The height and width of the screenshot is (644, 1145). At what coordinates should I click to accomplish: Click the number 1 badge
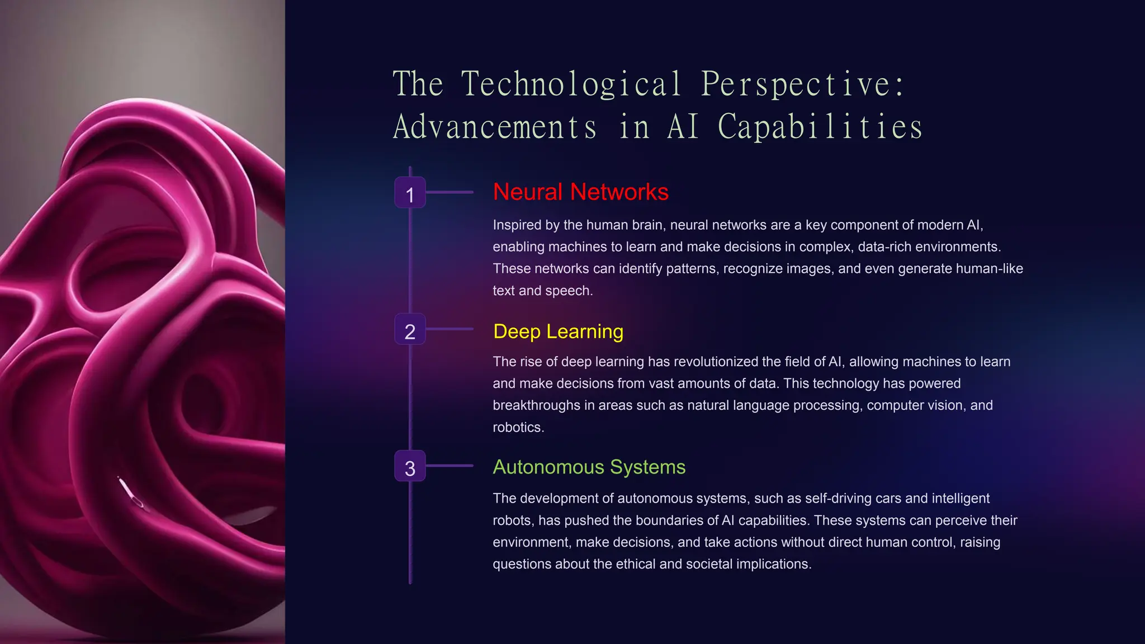click(410, 193)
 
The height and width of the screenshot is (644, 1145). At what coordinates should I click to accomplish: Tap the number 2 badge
click(410, 330)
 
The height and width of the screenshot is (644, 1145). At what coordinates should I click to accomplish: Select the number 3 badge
click(410, 466)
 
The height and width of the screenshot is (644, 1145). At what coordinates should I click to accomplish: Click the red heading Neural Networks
click(580, 192)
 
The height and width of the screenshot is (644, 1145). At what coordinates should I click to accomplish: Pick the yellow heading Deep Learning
click(558, 332)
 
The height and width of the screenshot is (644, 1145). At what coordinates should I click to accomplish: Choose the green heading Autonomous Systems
click(589, 467)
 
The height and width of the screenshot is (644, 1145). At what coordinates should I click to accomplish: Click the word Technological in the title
click(571, 84)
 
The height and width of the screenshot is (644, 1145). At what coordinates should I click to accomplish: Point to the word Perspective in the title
click(802, 84)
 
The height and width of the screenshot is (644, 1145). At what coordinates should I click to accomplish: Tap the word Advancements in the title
click(495, 126)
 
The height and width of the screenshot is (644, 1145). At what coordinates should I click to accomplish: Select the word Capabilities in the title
click(820, 126)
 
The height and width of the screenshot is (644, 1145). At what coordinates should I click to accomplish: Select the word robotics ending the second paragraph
click(517, 428)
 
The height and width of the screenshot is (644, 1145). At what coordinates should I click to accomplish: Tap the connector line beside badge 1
click(450, 192)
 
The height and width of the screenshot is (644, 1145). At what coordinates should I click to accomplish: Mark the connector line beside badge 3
click(450, 466)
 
